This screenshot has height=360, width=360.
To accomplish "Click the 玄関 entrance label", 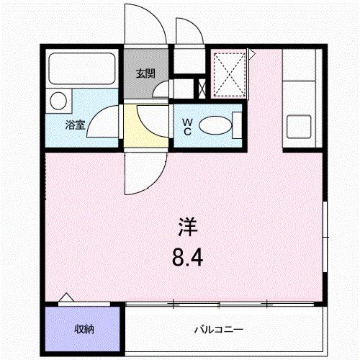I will click(145, 73).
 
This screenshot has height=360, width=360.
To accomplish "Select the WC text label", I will click(186, 127).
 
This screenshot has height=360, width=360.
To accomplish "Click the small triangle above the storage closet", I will click(67, 298).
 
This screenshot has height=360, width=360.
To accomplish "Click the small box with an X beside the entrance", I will click(202, 89).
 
